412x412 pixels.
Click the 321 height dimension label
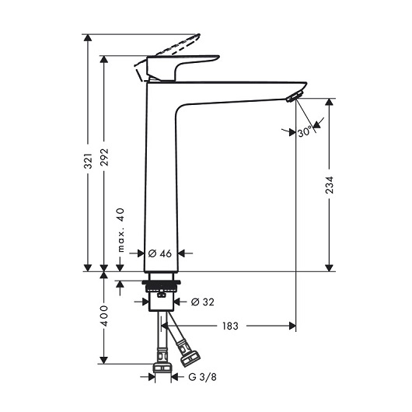[88, 161]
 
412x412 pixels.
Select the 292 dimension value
[104, 157]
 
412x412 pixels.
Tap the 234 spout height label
[330, 185]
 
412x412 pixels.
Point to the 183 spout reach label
[230, 326]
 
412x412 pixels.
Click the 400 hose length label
[104, 316]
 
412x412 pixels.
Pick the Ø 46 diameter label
[160, 253]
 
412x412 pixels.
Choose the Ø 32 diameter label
[203, 302]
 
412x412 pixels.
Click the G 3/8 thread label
[203, 377]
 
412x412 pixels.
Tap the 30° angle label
[305, 131]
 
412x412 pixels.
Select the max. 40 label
[120, 230]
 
